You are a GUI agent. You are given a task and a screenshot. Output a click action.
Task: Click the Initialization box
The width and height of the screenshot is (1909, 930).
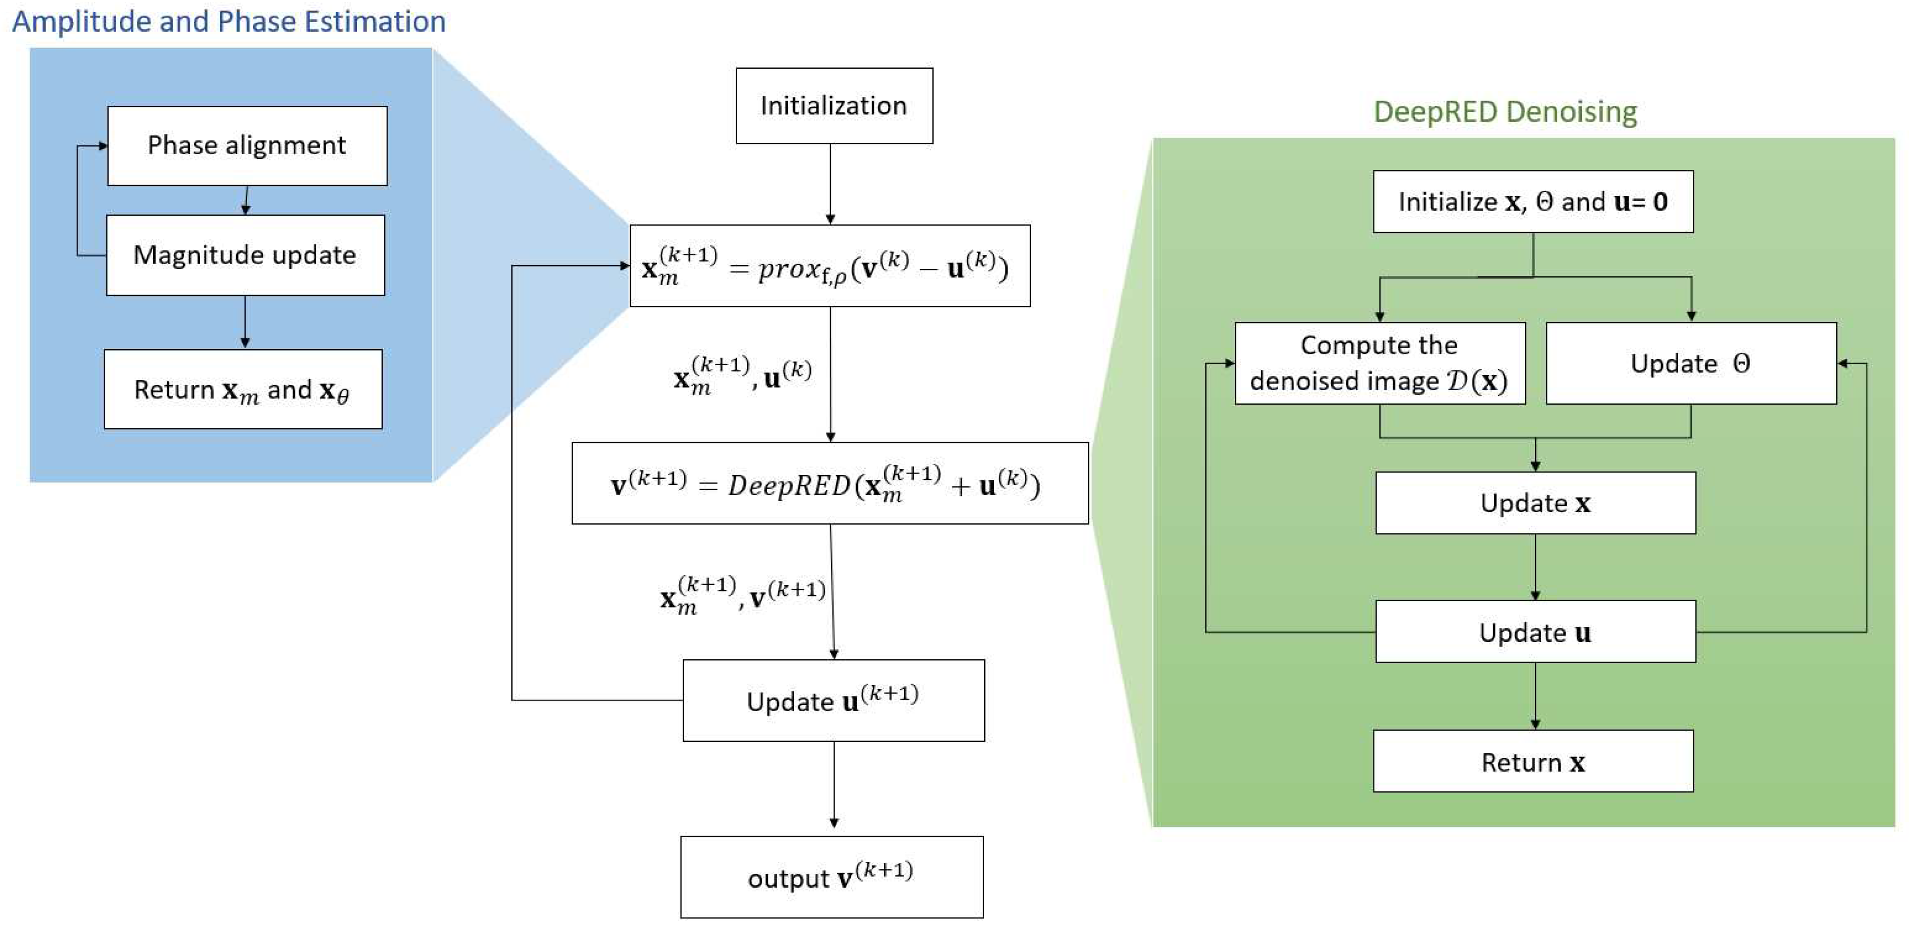click(x=834, y=105)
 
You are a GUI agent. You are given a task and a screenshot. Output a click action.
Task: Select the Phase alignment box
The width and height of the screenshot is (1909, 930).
click(x=247, y=145)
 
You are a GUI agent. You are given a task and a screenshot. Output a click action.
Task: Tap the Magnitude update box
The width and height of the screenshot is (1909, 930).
click(x=245, y=255)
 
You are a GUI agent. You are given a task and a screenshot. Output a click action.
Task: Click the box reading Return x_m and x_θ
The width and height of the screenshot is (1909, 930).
click(x=243, y=389)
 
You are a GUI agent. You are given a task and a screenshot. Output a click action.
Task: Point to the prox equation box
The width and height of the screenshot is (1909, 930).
click(x=830, y=265)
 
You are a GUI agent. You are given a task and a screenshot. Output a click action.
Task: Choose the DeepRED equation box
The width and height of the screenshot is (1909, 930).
click(x=830, y=483)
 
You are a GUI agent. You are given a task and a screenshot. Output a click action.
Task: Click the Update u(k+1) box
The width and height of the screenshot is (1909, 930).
click(x=834, y=700)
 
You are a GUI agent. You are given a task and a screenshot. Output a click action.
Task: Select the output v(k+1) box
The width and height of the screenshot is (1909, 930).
click(x=832, y=877)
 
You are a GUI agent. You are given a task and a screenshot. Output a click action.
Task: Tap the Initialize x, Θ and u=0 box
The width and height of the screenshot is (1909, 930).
click(x=1533, y=202)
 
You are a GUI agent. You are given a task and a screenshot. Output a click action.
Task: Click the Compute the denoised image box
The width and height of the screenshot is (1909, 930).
click(x=1380, y=363)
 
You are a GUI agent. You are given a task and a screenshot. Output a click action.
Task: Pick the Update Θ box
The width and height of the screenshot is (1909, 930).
click(x=1691, y=363)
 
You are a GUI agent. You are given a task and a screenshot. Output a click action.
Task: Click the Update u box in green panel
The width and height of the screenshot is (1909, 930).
click(x=1535, y=631)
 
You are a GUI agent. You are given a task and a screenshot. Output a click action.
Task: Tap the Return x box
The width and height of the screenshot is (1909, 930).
click(x=1533, y=761)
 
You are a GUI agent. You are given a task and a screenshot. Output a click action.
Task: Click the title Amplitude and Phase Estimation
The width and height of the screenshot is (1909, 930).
click(x=229, y=21)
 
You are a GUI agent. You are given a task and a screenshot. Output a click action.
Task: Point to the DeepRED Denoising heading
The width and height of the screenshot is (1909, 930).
click(x=1505, y=112)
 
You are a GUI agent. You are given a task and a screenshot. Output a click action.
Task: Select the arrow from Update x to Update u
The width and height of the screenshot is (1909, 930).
click(x=1535, y=567)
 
